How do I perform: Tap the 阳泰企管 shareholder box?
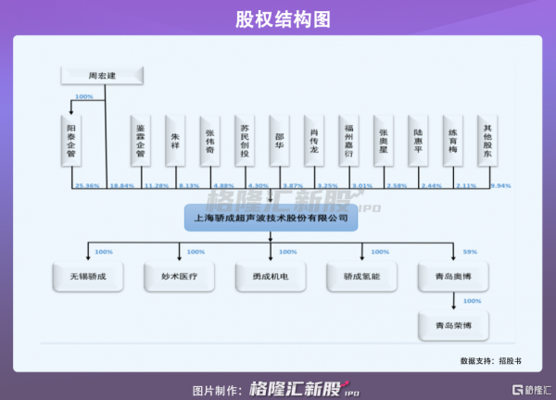pyautogui.click(x=71, y=138)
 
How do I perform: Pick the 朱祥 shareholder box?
pyautogui.click(x=175, y=139)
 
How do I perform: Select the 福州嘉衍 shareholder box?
pyautogui.click(x=348, y=139)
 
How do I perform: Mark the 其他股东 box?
pyautogui.click(x=486, y=139)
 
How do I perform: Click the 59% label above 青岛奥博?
pyautogui.click(x=470, y=252)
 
